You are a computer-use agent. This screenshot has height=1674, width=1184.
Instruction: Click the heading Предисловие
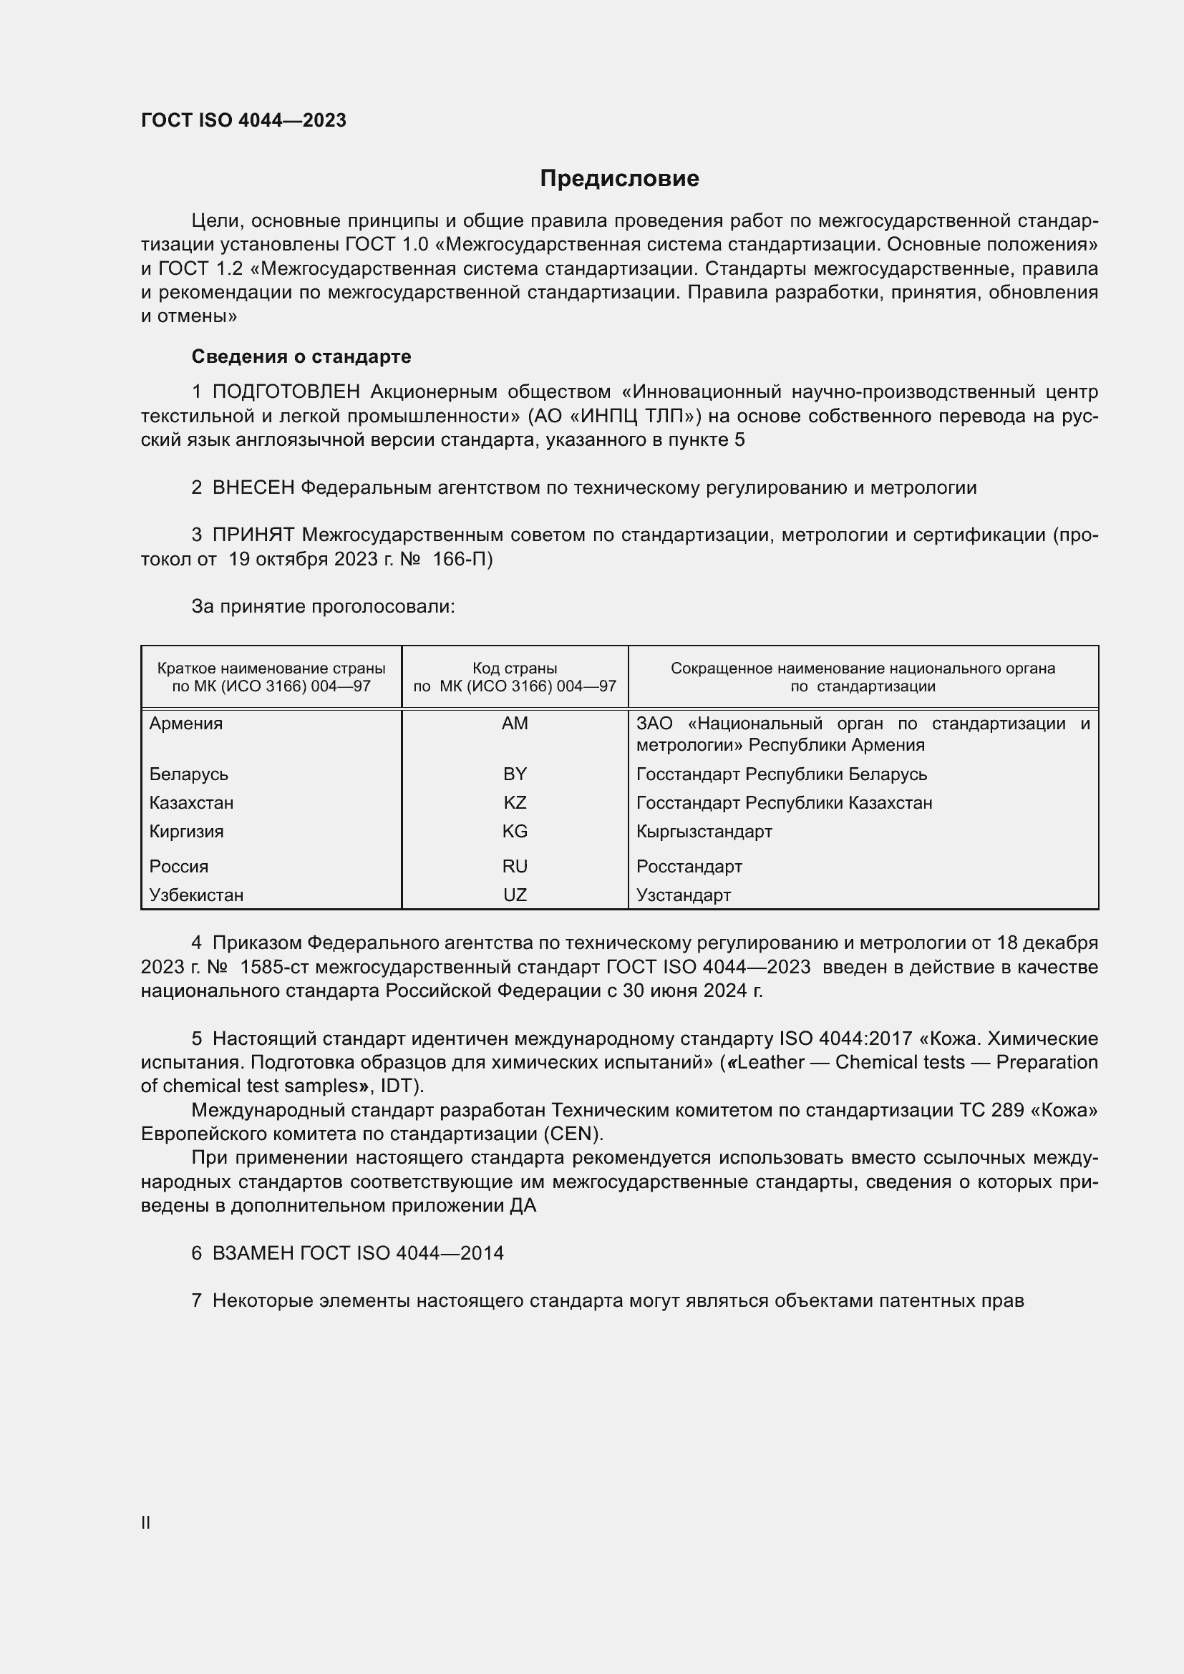619,179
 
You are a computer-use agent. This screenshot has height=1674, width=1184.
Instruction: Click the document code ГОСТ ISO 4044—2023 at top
243,120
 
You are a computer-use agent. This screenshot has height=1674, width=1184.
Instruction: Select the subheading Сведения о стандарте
301,356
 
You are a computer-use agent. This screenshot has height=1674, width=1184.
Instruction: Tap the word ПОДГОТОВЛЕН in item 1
286,392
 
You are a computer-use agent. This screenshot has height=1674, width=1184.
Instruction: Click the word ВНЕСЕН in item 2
253,488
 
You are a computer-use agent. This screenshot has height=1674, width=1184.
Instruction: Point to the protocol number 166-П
462,559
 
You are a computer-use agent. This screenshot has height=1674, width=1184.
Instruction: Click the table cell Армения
186,724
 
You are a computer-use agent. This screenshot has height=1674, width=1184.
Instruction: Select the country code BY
515,774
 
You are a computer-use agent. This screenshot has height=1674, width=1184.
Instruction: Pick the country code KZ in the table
515,803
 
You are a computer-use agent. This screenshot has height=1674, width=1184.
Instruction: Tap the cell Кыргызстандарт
704,831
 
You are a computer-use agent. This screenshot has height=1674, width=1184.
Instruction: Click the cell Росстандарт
689,866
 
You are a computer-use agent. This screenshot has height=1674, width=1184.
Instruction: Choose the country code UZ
515,895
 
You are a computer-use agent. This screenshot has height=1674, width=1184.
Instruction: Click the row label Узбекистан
196,895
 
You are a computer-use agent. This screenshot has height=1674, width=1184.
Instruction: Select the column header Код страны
515,668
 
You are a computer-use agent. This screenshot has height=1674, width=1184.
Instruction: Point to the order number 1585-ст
276,967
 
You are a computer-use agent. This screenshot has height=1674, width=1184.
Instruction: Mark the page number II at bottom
146,1522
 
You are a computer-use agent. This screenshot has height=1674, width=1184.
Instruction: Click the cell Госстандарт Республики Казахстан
784,803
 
